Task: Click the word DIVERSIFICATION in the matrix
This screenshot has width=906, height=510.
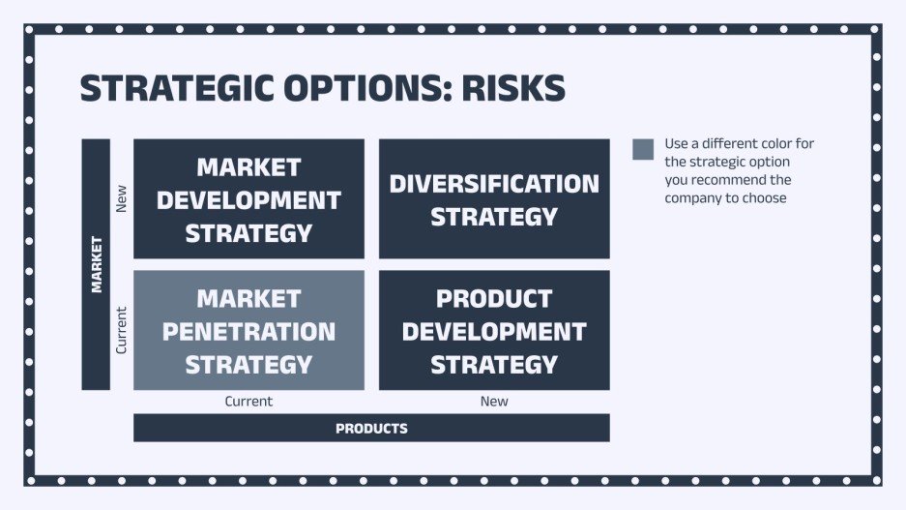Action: (494, 184)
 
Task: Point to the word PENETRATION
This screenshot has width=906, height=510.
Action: (248, 332)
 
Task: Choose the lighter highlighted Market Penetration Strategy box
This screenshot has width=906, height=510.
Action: (248, 330)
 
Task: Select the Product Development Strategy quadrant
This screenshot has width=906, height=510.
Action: (494, 330)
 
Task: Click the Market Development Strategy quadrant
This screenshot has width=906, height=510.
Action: (248, 198)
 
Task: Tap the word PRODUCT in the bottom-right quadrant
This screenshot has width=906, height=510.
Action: (494, 298)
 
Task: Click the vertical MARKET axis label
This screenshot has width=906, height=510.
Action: (96, 264)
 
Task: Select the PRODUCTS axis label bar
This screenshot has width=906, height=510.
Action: (371, 428)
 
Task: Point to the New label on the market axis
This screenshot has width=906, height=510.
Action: (121, 198)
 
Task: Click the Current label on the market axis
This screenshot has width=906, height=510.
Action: (121, 330)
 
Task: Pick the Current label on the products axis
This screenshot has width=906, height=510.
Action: (248, 401)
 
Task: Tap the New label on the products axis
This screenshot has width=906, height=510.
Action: (494, 401)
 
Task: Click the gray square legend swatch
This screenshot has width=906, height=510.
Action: (643, 149)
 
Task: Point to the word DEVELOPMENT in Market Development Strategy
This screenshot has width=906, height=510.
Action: (248, 200)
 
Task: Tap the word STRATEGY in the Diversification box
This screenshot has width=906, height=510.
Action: (494, 217)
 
